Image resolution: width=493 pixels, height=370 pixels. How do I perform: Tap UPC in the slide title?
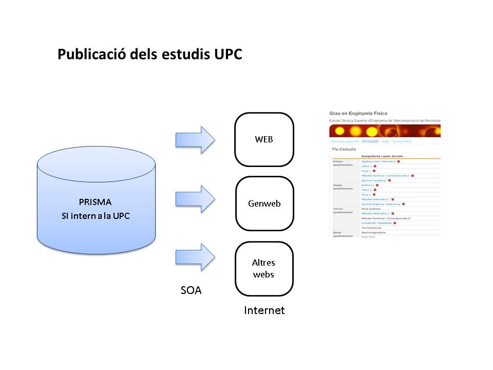click(226, 54)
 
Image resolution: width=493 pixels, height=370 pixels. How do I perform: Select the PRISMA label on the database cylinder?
click(95, 201)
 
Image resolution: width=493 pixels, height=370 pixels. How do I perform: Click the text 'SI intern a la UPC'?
click(96, 215)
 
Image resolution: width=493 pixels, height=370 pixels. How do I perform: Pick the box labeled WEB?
click(264, 140)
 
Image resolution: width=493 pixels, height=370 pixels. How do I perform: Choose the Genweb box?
click(264, 203)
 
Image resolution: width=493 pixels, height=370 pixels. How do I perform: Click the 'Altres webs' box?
click(263, 268)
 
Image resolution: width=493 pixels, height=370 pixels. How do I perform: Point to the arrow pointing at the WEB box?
click(195, 139)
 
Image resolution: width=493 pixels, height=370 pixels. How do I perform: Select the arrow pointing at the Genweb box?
click(195, 198)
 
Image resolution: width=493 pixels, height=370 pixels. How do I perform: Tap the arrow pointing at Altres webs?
click(195, 256)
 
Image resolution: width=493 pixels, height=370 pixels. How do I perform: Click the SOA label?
click(191, 290)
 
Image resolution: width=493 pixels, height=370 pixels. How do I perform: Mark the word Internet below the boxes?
click(264, 310)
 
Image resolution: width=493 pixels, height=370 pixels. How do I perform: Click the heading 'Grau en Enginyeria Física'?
click(358, 113)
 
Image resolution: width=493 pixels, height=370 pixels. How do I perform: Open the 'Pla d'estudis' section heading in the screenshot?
click(344, 149)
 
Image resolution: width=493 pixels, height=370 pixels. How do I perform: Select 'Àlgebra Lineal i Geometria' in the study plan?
click(378, 161)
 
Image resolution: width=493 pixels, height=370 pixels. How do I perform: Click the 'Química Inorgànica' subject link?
click(374, 180)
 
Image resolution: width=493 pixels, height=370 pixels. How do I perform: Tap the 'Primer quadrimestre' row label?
click(341, 163)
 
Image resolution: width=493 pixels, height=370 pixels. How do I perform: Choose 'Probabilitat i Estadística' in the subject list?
click(376, 223)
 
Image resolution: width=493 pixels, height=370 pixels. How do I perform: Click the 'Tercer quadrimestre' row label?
click(341, 211)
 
